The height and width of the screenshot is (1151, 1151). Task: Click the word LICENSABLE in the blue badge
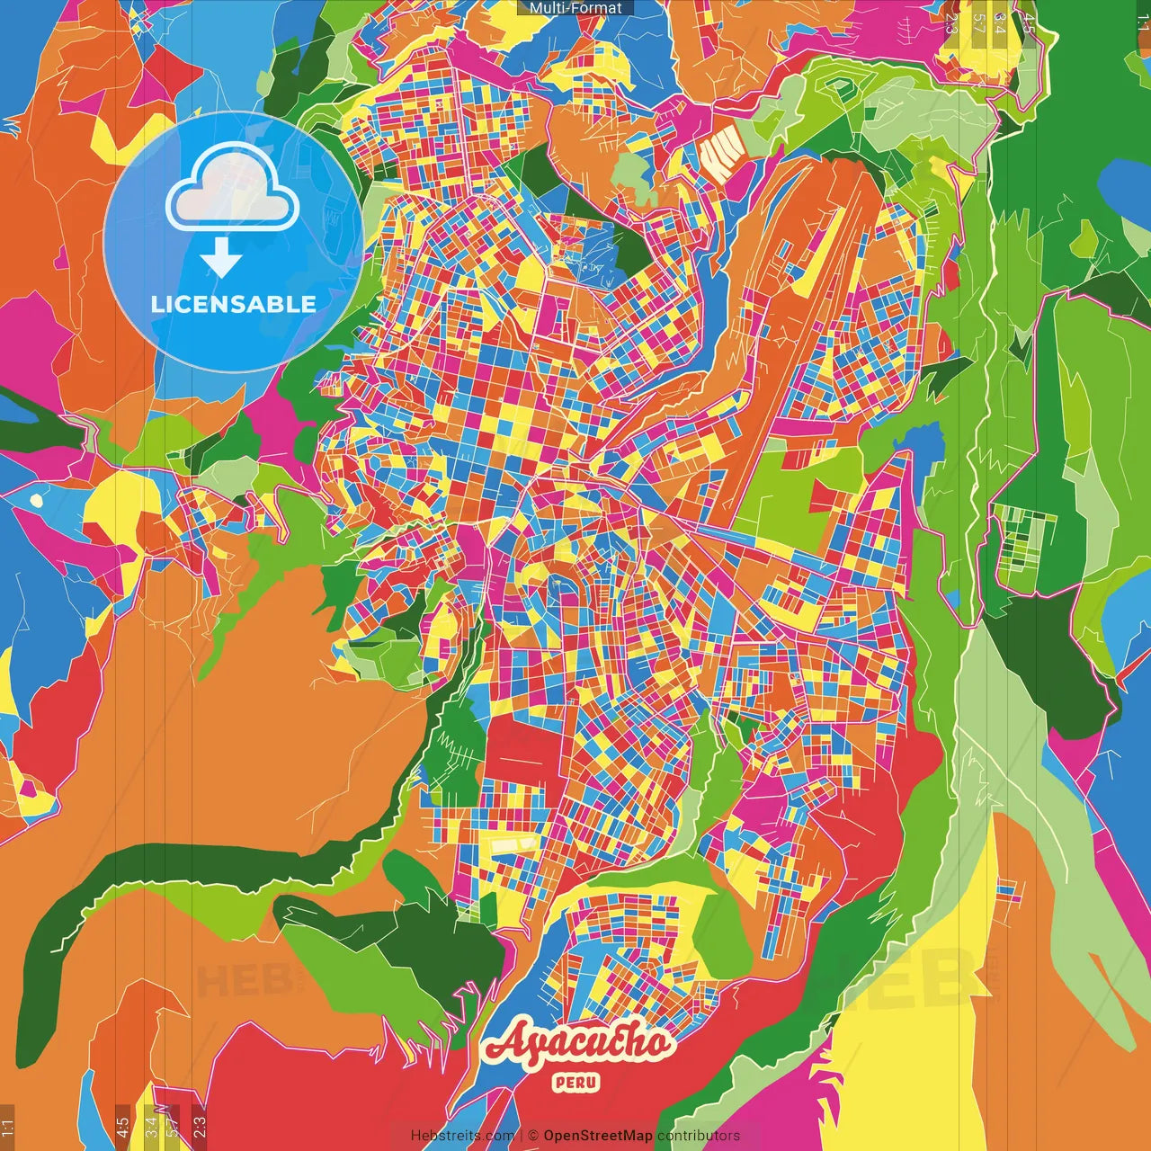234,304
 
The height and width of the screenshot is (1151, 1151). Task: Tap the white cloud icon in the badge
233,190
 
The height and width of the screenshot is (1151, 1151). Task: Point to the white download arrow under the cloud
221,258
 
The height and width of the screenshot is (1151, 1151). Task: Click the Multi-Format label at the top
575,8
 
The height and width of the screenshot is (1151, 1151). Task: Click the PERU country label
576,1083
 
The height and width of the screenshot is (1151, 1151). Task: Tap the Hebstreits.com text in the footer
462,1136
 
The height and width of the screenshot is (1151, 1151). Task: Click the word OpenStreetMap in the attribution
598,1136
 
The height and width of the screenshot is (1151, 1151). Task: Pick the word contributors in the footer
699,1136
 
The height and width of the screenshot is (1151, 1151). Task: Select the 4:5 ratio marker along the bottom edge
122,1127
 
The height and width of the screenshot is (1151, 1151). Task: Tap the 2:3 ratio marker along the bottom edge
199,1124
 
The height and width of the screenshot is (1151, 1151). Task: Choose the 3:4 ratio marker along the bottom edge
151,1124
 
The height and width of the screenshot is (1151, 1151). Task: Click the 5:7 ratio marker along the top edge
979,22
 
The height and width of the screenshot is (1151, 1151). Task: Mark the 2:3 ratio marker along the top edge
951,22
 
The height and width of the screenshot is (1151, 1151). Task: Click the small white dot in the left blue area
36,499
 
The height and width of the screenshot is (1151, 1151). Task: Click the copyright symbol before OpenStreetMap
533,1136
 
